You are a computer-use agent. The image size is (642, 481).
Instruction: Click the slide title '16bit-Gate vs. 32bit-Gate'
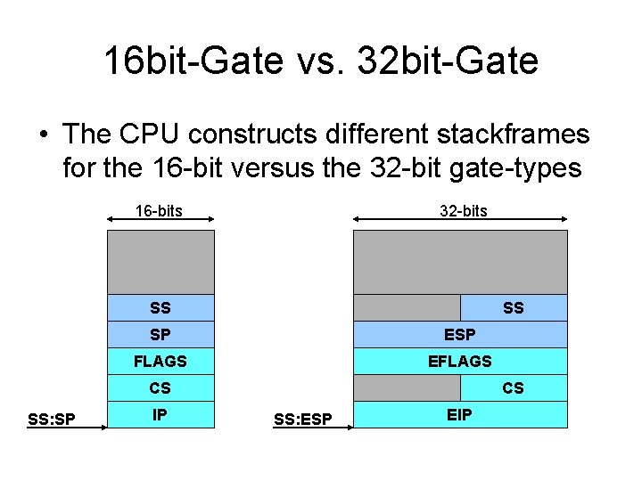(321, 61)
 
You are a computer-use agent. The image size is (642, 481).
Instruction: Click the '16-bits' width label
(159, 211)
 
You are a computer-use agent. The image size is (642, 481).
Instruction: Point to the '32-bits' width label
(464, 211)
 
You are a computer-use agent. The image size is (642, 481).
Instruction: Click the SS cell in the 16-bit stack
(160, 307)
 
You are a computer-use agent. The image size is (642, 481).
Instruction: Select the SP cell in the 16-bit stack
(160, 334)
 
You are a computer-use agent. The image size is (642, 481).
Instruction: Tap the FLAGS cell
(160, 361)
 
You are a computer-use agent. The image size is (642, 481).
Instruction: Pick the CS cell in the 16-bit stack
(160, 387)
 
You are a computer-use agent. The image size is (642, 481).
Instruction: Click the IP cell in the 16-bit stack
(160, 414)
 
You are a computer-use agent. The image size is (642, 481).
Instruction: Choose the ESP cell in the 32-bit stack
(460, 334)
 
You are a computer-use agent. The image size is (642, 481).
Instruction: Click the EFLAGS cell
(460, 361)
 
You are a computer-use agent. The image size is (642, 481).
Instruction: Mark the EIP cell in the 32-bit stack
(460, 414)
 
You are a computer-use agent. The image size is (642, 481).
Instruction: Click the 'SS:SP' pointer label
(51, 419)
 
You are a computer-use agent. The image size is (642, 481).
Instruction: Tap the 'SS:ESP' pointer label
(302, 419)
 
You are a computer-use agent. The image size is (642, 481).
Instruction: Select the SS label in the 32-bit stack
(514, 307)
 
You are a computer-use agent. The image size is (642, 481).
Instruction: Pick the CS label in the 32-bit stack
(514, 387)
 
